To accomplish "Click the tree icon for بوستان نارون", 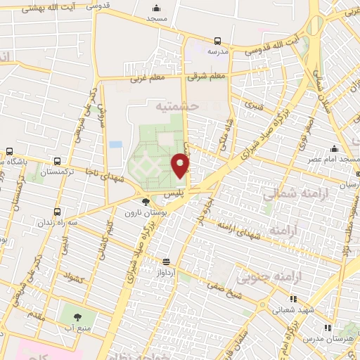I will pyautogui.click(x=146, y=202).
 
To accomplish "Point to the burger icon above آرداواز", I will pyautogui.click(x=166, y=259).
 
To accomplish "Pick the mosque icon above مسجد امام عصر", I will pyautogui.click(x=333, y=148).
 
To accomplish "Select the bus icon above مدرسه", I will pyautogui.click(x=217, y=41).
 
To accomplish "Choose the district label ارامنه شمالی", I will pyautogui.click(x=287, y=195).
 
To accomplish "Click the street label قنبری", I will pyautogui.click(x=252, y=108).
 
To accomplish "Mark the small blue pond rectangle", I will pyautogui.click(x=115, y=145).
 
